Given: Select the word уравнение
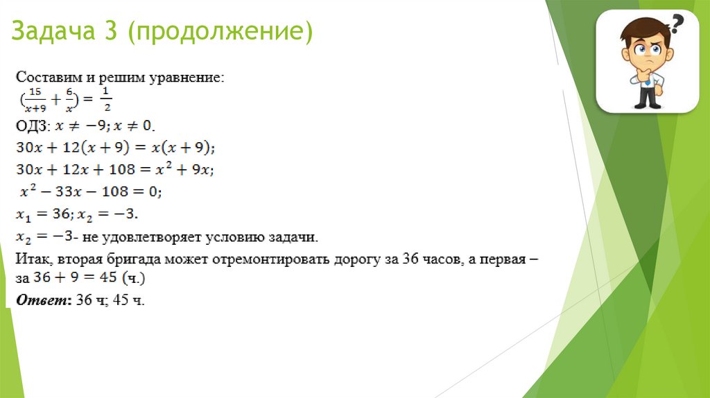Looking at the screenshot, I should pyautogui.click(x=189, y=77).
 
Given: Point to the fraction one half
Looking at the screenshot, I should pyautogui.click(x=106, y=101).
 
